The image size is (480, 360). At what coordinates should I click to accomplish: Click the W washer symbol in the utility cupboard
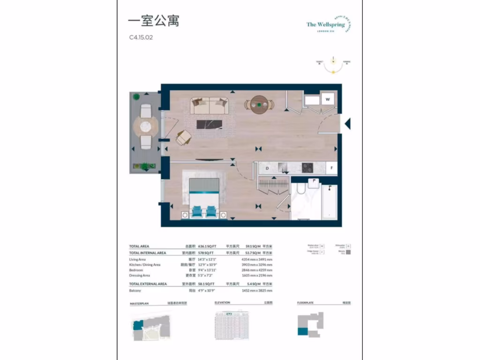tap(328, 99)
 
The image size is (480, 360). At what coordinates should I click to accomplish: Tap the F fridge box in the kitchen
tap(331, 168)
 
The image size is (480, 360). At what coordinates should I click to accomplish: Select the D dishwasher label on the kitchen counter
tap(267, 168)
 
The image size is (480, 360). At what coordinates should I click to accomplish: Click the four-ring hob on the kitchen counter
tap(307, 168)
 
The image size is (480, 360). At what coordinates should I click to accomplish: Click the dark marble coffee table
tap(209, 125)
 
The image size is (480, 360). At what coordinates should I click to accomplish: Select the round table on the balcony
tap(146, 126)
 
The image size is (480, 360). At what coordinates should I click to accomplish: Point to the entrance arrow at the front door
tap(347, 124)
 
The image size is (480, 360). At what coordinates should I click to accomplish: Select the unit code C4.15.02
tap(141, 38)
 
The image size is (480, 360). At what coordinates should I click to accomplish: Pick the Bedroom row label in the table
tap(137, 270)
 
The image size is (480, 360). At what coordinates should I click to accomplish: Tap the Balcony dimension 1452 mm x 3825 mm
tap(256, 291)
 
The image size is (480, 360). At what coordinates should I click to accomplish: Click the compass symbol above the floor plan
tap(333, 65)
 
